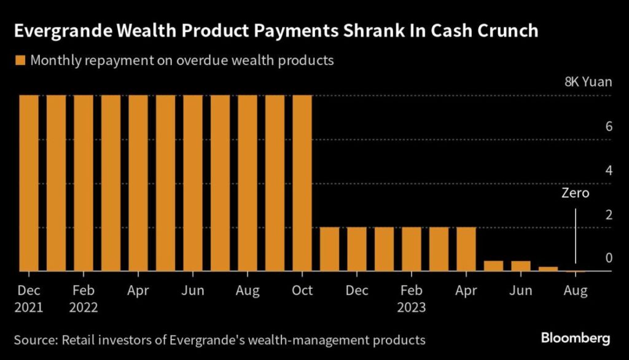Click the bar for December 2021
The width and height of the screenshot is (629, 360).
pos(29,183)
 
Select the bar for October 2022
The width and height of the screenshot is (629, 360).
pos(302,183)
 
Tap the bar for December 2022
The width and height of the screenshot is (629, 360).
pos(357,249)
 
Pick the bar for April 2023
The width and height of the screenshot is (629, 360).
pos(466,249)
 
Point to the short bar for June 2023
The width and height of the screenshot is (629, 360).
pos(521,265)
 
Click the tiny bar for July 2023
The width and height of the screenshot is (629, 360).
pos(548,268)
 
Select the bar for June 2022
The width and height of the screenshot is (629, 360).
pos(193,183)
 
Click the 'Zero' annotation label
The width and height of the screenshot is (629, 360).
pos(576,194)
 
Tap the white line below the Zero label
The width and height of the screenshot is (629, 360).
pos(576,237)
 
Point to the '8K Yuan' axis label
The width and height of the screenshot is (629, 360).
pos(588,82)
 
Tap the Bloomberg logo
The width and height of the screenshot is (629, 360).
pos(576,338)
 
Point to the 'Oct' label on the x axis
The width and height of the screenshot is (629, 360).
pos(302,291)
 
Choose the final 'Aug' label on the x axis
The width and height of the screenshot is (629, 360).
pos(576,291)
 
